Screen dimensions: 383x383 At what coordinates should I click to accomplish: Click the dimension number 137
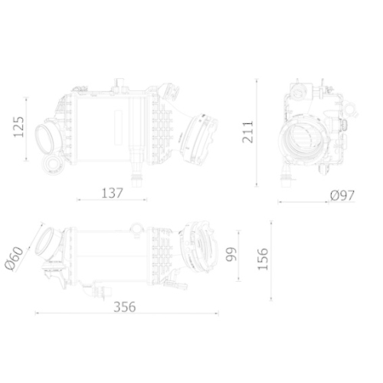click(x=112, y=193)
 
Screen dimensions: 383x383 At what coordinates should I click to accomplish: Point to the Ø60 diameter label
click(x=15, y=259)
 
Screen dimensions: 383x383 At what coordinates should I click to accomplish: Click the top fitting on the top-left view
click(x=119, y=83)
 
